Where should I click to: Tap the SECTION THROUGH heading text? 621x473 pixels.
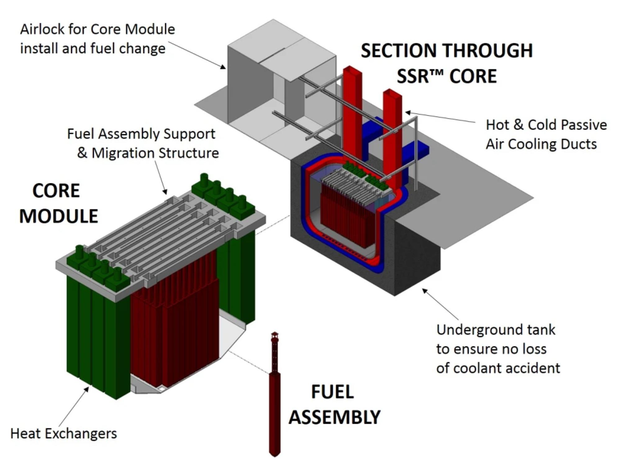pos(446,51)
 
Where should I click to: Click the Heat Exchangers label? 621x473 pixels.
pos(64,434)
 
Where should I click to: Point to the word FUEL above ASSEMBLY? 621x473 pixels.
pos(332,392)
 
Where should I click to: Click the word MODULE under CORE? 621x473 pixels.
pos(59,216)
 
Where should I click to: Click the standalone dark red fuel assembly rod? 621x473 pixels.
pos(275,413)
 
